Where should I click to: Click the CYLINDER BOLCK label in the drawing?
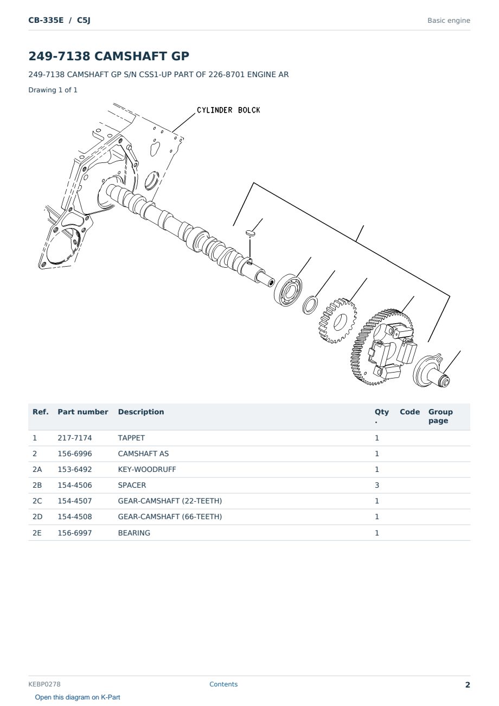[x=228, y=110]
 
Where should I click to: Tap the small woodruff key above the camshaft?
[x=250, y=233]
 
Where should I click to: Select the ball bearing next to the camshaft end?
[x=288, y=290]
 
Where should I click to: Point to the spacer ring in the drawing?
[x=310, y=305]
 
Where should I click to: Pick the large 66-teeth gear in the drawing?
[x=381, y=346]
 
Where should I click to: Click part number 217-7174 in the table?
[x=75, y=438]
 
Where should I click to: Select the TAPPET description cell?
[x=131, y=438]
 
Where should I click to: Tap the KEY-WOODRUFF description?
[x=147, y=469]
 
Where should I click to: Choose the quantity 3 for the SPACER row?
[x=377, y=485]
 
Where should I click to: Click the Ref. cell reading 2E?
[x=37, y=533]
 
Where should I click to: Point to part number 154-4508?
[x=75, y=516]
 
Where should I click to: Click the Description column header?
[x=141, y=412]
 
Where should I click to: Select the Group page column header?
[x=440, y=416]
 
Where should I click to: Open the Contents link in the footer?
[x=223, y=684]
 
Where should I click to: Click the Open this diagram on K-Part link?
[x=78, y=697]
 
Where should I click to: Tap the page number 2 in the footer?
[x=468, y=685]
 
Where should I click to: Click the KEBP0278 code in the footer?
[x=44, y=684]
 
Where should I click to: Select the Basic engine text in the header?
[x=449, y=21]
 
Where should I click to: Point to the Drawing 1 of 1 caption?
[x=53, y=90]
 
